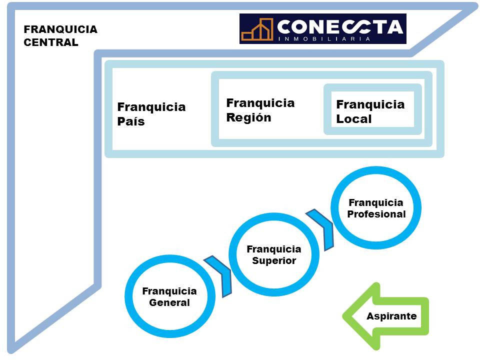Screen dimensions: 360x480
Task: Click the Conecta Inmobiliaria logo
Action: pyautogui.click(x=322, y=28)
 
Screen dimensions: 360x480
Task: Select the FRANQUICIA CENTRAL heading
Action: pyautogui.click(x=60, y=35)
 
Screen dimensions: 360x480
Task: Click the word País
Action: pyautogui.click(x=131, y=121)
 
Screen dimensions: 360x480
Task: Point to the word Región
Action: pyautogui.click(x=248, y=118)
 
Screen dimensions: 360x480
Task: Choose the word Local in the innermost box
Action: pyautogui.click(x=354, y=119)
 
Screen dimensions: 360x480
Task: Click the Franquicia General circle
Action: pyautogui.click(x=169, y=296)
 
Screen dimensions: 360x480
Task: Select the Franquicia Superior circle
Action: pyautogui.click(x=274, y=254)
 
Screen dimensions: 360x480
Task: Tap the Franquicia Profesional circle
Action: pyautogui.click(x=376, y=208)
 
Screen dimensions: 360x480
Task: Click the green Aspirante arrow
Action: pyautogui.click(x=385, y=316)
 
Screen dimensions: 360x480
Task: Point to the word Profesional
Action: pyautogui.click(x=376, y=214)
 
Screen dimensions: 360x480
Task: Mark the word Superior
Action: pyautogui.click(x=274, y=260)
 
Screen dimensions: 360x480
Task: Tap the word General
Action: pyautogui.click(x=169, y=302)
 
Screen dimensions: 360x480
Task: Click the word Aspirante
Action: pyautogui.click(x=391, y=316)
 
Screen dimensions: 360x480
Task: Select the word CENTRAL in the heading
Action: pyautogui.click(x=51, y=42)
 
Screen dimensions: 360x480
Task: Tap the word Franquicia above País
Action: pyautogui.click(x=151, y=107)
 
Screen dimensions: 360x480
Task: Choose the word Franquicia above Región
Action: pyautogui.click(x=260, y=103)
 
